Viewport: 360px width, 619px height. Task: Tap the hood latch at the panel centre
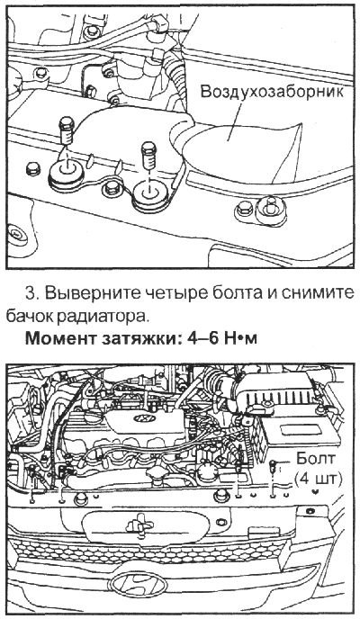134,522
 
